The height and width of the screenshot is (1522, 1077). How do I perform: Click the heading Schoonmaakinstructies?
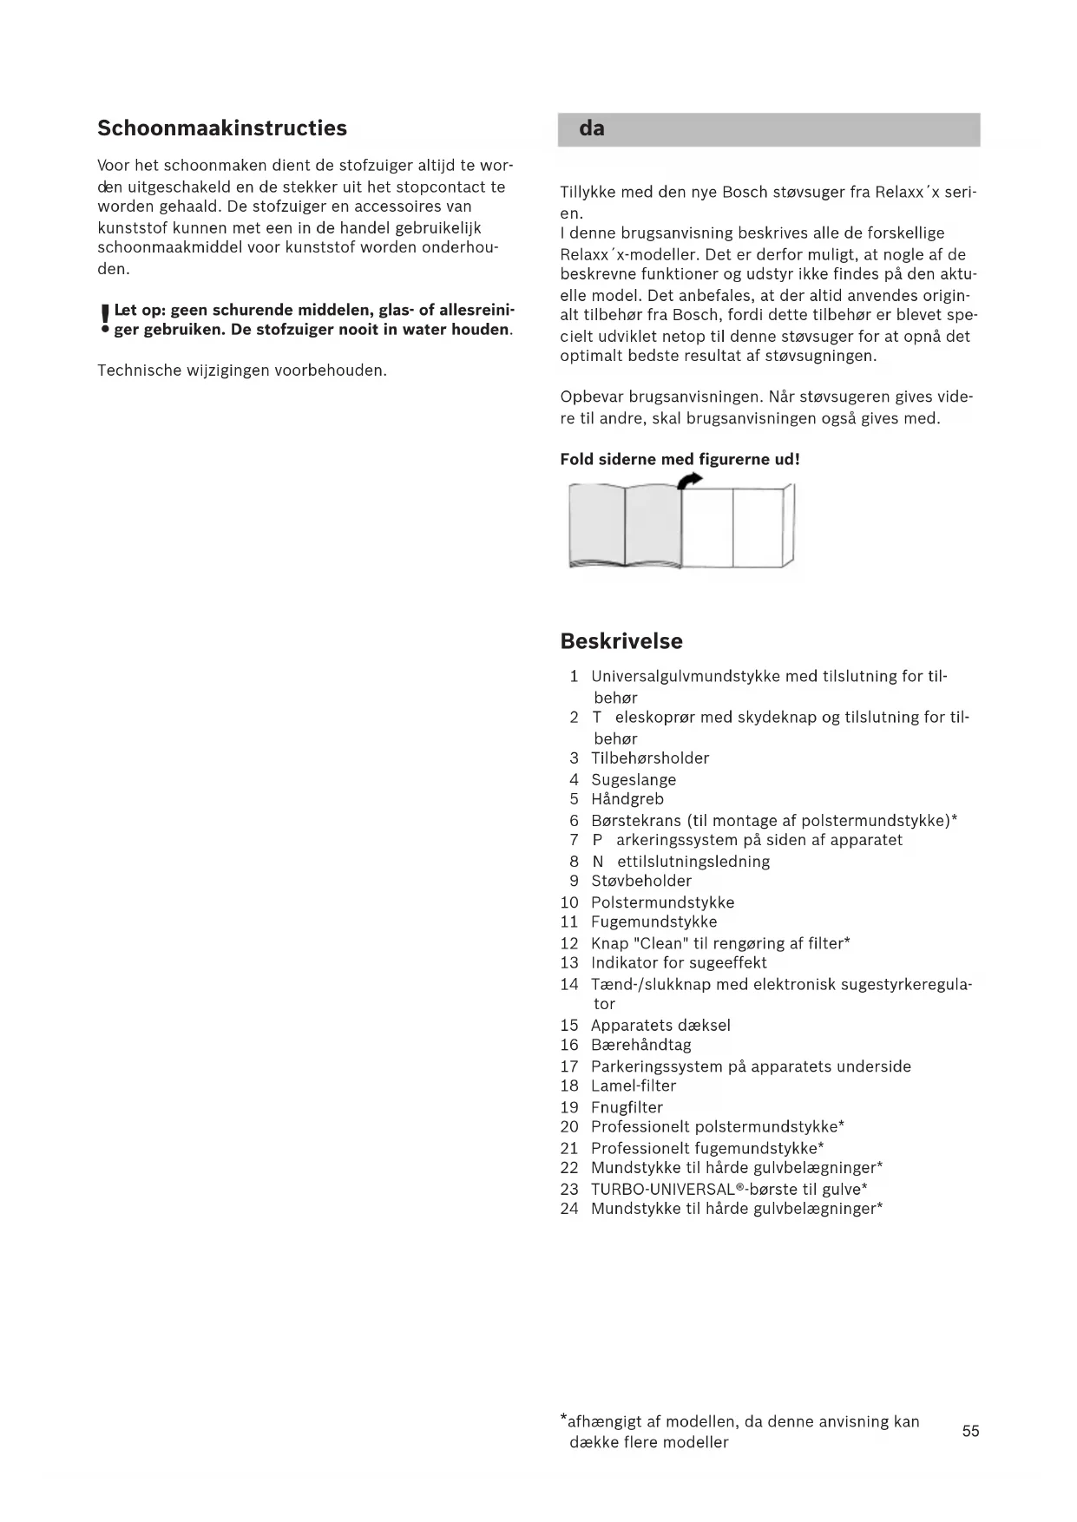222,128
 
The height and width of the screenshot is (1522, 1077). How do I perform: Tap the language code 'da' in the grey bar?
592,129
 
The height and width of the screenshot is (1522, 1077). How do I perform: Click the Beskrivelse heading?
621,641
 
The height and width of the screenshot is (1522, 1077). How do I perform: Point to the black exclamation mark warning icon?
105,320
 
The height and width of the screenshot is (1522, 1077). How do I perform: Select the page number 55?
970,1431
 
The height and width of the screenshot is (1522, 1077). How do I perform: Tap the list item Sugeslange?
634,779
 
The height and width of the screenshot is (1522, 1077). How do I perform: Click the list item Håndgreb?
627,799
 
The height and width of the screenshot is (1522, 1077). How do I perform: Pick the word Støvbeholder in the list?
641,881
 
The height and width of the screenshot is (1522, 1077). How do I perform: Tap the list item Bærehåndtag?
641,1045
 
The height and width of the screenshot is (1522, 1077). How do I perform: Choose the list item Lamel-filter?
634,1086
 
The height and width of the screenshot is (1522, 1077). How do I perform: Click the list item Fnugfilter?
627,1107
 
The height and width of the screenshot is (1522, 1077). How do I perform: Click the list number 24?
569,1209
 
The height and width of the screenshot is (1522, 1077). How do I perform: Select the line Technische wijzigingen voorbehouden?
242,371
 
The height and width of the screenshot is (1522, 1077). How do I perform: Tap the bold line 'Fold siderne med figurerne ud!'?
680,459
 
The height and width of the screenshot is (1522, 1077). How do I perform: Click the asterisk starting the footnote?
563,1420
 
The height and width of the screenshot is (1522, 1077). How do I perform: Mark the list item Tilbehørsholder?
650,758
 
